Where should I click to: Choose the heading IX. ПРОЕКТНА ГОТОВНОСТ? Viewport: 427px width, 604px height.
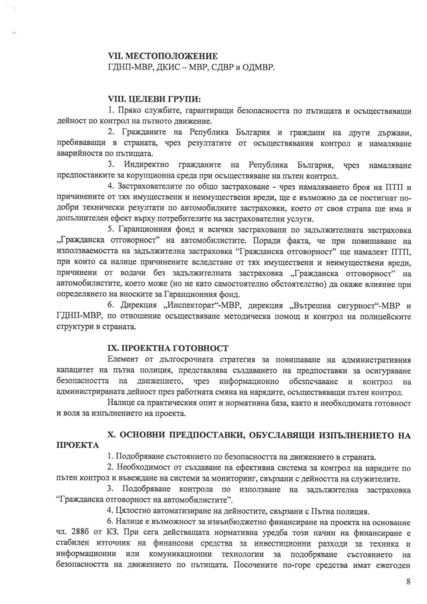point(167,347)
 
